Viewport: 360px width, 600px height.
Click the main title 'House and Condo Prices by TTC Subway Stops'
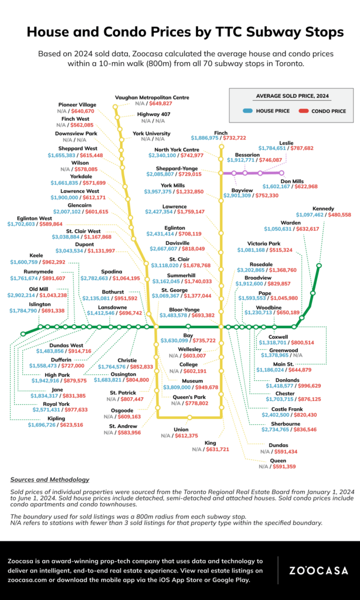click(x=180, y=30)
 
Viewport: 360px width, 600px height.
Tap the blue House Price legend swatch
click(x=247, y=110)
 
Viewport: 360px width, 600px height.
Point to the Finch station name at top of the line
click(x=221, y=133)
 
